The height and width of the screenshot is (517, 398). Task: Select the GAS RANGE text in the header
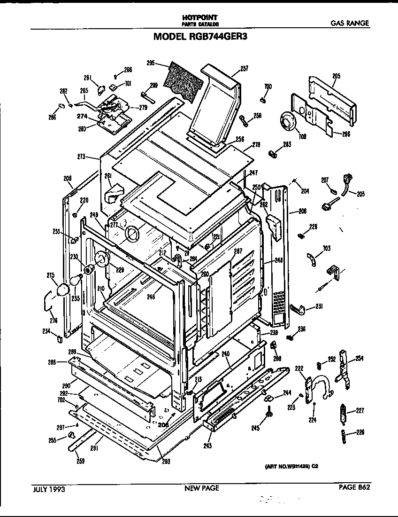[x=349, y=23]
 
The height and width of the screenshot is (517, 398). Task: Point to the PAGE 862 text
[x=354, y=488]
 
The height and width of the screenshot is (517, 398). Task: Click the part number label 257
[x=244, y=69]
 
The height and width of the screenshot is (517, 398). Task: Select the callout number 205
[x=336, y=76]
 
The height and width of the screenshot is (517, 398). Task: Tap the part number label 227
[x=360, y=410]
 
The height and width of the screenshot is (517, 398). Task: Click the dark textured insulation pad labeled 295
[x=184, y=80]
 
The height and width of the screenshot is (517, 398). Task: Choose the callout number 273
[x=81, y=157]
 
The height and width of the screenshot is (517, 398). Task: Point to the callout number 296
[x=346, y=133]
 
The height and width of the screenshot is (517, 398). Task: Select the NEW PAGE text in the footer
[x=201, y=488]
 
